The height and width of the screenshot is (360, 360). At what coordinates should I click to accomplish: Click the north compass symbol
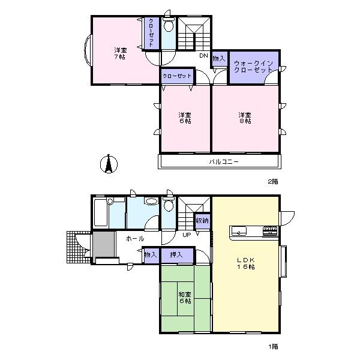pyautogui.click(x=108, y=163)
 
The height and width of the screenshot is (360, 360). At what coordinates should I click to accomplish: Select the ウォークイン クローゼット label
pyautogui.click(x=253, y=66)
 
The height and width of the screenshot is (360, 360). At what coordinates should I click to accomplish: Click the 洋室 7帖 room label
pyautogui.click(x=121, y=54)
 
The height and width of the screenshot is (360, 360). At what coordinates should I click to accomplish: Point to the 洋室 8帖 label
pyautogui.click(x=244, y=117)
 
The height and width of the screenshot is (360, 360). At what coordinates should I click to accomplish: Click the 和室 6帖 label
pyautogui.click(x=185, y=298)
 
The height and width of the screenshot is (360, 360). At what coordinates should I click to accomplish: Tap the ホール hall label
pyautogui.click(x=134, y=239)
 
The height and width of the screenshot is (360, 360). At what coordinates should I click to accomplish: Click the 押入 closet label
pyautogui.click(x=176, y=255)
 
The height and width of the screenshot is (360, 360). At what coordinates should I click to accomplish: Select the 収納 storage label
pyautogui.click(x=202, y=221)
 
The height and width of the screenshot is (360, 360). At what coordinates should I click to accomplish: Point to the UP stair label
pyautogui.click(x=186, y=235)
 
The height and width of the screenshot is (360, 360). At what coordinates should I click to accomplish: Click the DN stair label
pyautogui.click(x=203, y=56)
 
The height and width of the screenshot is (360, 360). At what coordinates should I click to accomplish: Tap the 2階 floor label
pyautogui.click(x=273, y=181)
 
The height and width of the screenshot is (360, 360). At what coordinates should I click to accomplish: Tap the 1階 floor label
pyautogui.click(x=273, y=346)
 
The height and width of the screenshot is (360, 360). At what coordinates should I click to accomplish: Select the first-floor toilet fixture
pyautogui.click(x=169, y=205)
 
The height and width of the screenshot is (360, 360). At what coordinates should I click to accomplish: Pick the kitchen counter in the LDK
pyautogui.click(x=252, y=231)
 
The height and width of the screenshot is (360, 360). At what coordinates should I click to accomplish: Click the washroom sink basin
pyautogui.click(x=152, y=202)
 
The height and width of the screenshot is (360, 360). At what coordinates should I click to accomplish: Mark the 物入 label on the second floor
pyautogui.click(x=218, y=58)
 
